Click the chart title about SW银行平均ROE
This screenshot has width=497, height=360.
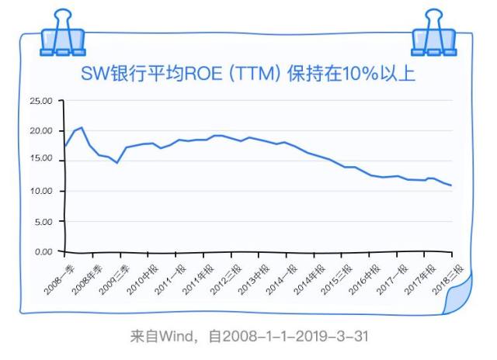click(248, 74)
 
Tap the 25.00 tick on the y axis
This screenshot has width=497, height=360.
click(40, 101)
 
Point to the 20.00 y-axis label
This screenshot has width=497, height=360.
click(40, 131)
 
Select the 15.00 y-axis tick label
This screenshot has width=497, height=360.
click(40, 161)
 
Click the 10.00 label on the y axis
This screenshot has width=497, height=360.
click(40, 191)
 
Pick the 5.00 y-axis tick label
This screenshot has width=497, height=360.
click(42, 222)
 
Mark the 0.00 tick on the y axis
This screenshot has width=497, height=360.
click(42, 251)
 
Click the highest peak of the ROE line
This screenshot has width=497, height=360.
click(82, 128)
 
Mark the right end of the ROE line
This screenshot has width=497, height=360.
click(451, 185)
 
